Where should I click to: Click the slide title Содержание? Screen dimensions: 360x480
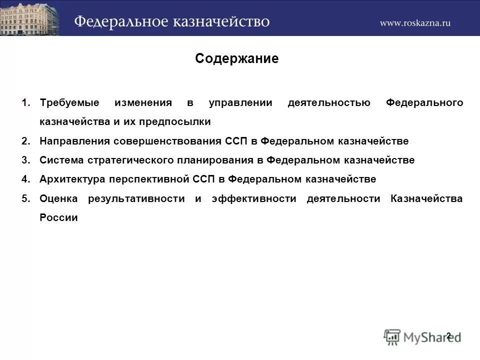[x=236, y=59]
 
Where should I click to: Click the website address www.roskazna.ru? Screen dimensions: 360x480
[x=415, y=22]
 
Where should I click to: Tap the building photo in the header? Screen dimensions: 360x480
[x=29, y=18]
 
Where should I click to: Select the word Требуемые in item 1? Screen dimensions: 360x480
[x=69, y=103]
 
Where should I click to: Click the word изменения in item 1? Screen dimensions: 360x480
[x=143, y=103]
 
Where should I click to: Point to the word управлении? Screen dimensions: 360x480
[x=240, y=103]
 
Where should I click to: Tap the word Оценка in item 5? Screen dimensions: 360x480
[x=58, y=199]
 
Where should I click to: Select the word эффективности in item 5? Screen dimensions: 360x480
[x=253, y=199]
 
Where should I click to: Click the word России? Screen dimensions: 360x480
[x=58, y=218]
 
